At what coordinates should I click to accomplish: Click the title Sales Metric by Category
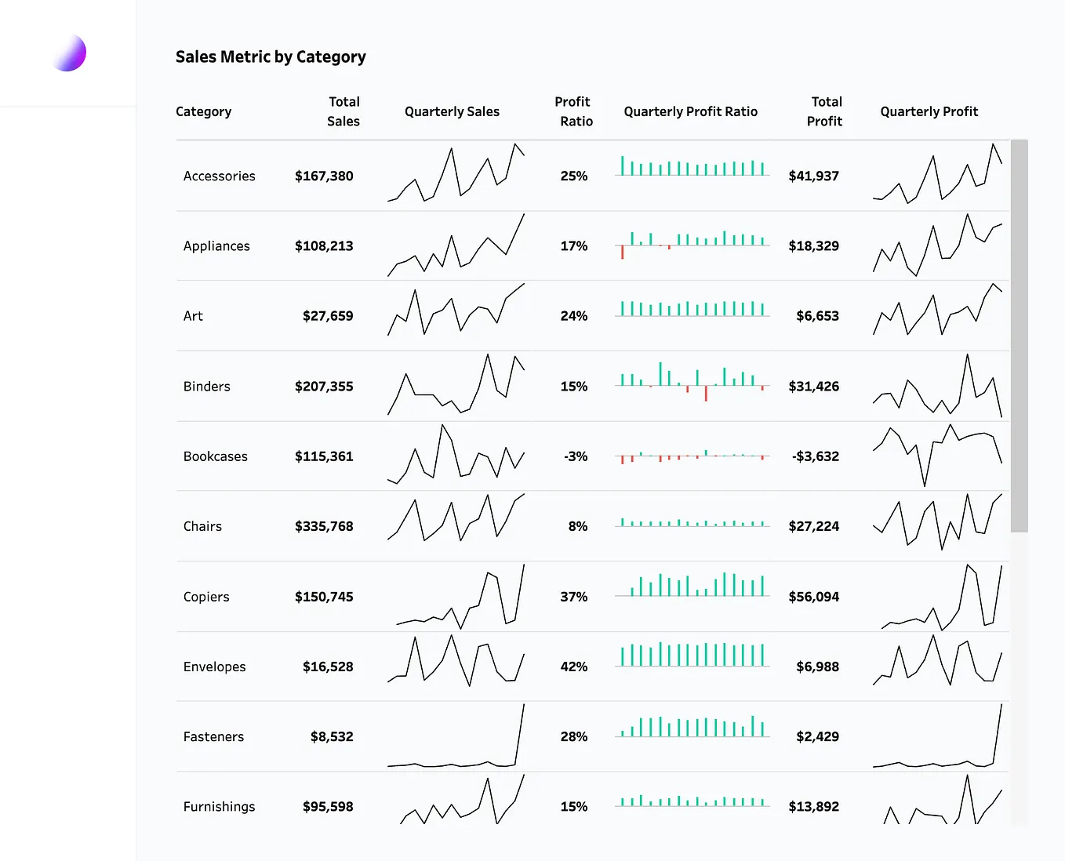coord(271,57)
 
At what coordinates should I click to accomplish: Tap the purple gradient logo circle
coord(69,53)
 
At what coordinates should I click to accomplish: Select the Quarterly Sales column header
coord(452,111)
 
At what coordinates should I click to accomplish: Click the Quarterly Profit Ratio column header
coord(690,111)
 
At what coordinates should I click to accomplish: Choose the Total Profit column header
coord(825,111)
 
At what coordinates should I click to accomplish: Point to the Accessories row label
coord(219,176)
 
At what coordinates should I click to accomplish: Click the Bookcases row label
coord(215,456)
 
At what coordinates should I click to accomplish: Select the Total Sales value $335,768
coord(324,526)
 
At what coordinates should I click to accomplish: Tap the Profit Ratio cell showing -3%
coord(576,456)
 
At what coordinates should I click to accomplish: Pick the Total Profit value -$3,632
coord(815,456)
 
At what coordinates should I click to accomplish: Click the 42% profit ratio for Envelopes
coord(574,667)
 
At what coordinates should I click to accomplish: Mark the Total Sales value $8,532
coord(332,736)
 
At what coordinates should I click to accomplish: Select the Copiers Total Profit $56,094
coord(813,597)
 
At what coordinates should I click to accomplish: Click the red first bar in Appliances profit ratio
coord(623,252)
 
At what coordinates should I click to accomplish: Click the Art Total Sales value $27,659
coord(328,316)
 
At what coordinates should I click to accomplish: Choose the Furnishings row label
coord(219,807)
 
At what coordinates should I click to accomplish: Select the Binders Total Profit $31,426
coord(813,387)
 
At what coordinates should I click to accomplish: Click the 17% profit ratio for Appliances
coord(574,246)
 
